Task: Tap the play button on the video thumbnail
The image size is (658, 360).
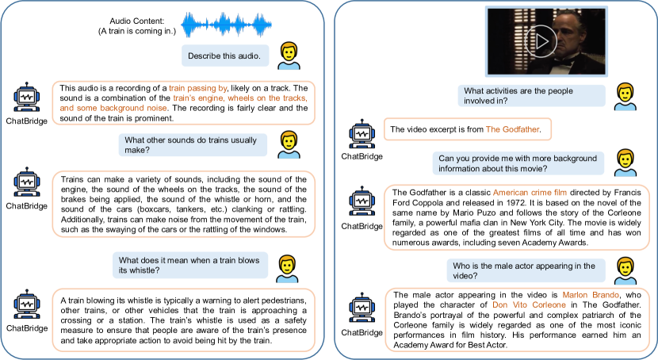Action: click(x=538, y=38)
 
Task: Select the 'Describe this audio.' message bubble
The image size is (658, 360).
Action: click(x=227, y=56)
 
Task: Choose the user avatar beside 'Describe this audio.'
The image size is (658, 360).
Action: click(x=289, y=55)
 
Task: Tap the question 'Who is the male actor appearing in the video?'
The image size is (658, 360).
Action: click(x=523, y=270)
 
